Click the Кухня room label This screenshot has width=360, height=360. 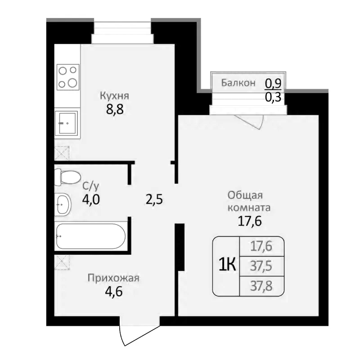[114, 96]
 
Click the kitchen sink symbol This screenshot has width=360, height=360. [67, 122]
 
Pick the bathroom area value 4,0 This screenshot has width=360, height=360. [90, 199]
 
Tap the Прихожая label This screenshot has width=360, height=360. [113, 278]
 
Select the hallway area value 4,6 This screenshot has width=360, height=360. [113, 291]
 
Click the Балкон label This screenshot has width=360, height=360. [238, 83]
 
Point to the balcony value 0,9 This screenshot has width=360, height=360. [273, 83]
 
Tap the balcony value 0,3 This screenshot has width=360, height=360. [273, 97]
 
